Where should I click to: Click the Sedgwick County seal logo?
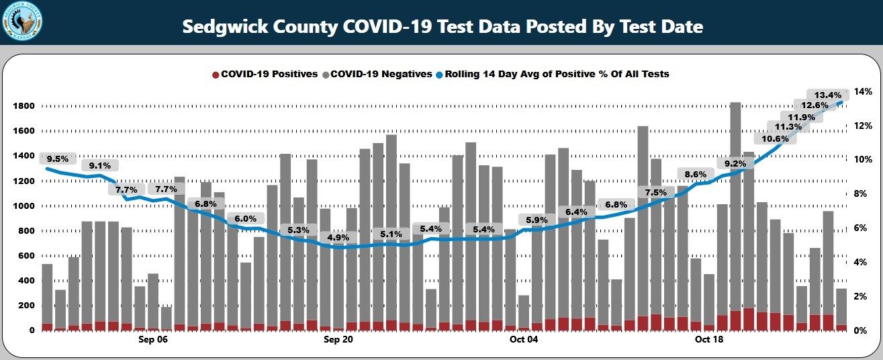[x=21, y=21]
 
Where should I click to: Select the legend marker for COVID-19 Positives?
[x=216, y=74]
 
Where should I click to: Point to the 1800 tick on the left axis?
[x=23, y=106]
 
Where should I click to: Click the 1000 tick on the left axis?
[x=23, y=206]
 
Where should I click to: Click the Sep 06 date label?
[x=153, y=341]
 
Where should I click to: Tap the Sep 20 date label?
[x=338, y=341]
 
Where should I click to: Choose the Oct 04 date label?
[x=524, y=341]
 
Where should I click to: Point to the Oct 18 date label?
[x=709, y=341]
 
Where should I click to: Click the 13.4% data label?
[x=827, y=95]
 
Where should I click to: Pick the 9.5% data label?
[x=58, y=159]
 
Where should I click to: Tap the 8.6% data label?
[x=695, y=175]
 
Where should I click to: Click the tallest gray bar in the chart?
[x=735, y=201]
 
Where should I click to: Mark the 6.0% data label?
[x=246, y=219]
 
